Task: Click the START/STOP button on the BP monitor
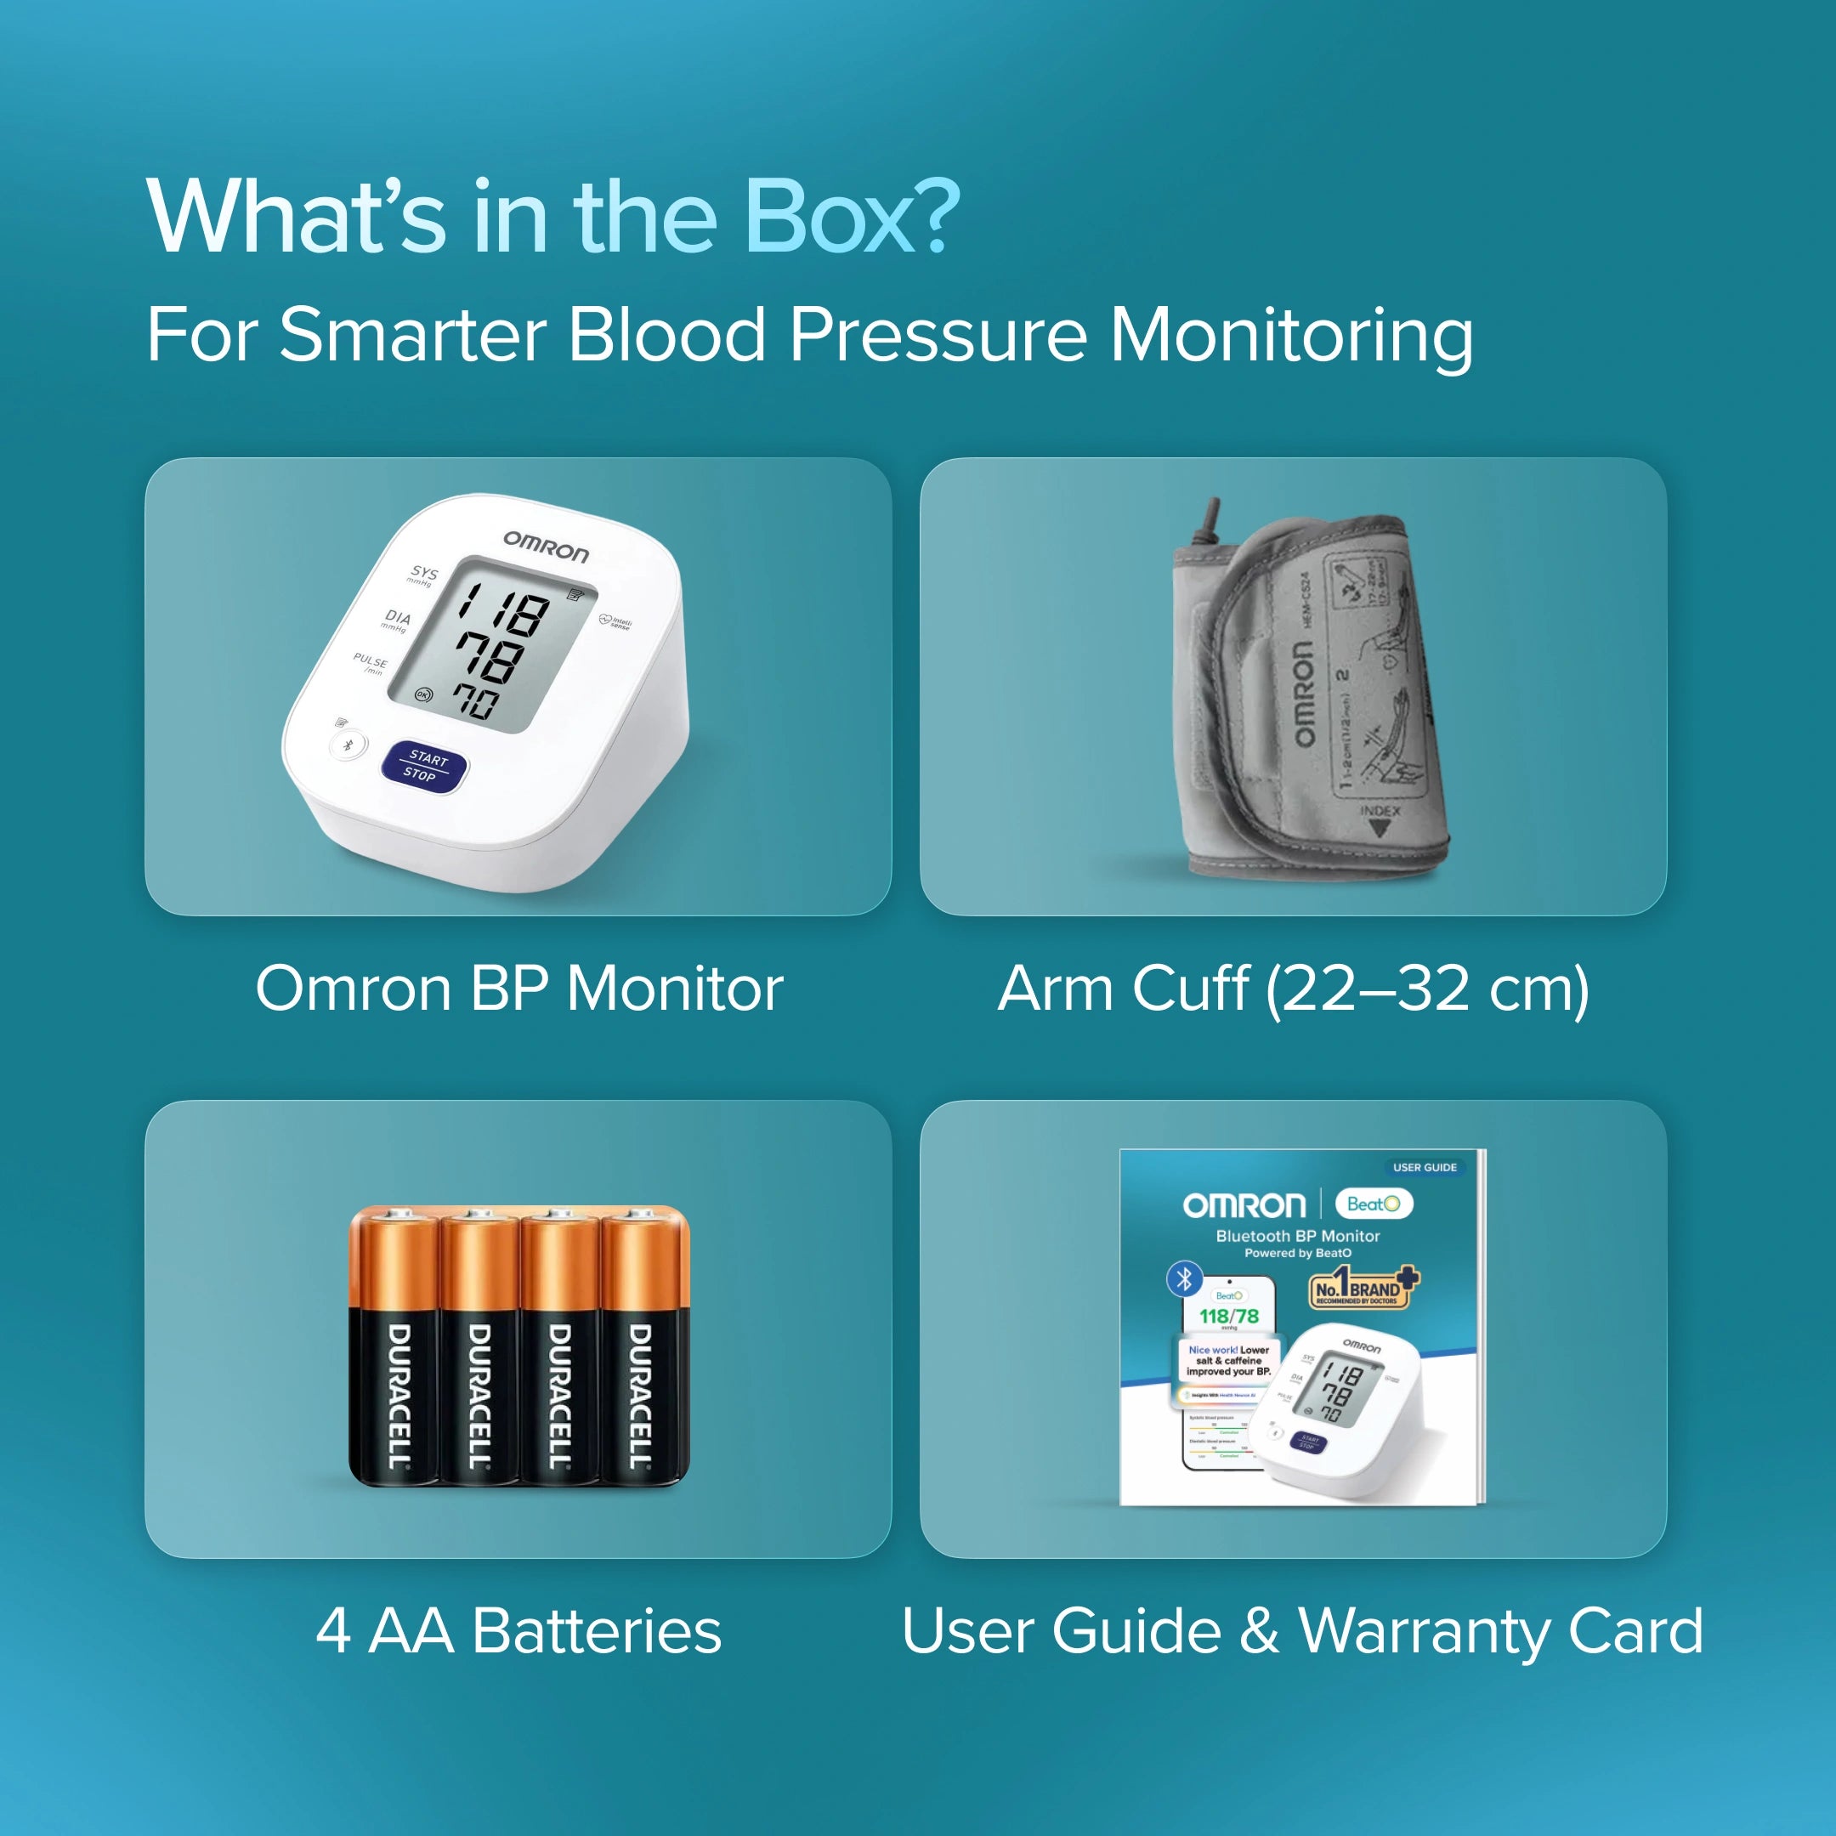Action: click(x=424, y=766)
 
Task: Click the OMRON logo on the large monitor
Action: click(x=546, y=547)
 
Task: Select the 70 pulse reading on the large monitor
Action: click(x=474, y=701)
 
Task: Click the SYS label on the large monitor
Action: click(x=424, y=573)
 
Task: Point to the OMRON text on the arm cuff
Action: click(x=1303, y=692)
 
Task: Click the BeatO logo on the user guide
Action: click(x=1374, y=1204)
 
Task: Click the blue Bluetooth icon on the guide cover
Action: click(x=1184, y=1279)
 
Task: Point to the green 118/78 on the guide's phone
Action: click(x=1229, y=1316)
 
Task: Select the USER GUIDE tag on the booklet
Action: click(x=1425, y=1167)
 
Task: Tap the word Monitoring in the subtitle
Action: click(x=1291, y=337)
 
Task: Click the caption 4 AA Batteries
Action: click(x=518, y=1631)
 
